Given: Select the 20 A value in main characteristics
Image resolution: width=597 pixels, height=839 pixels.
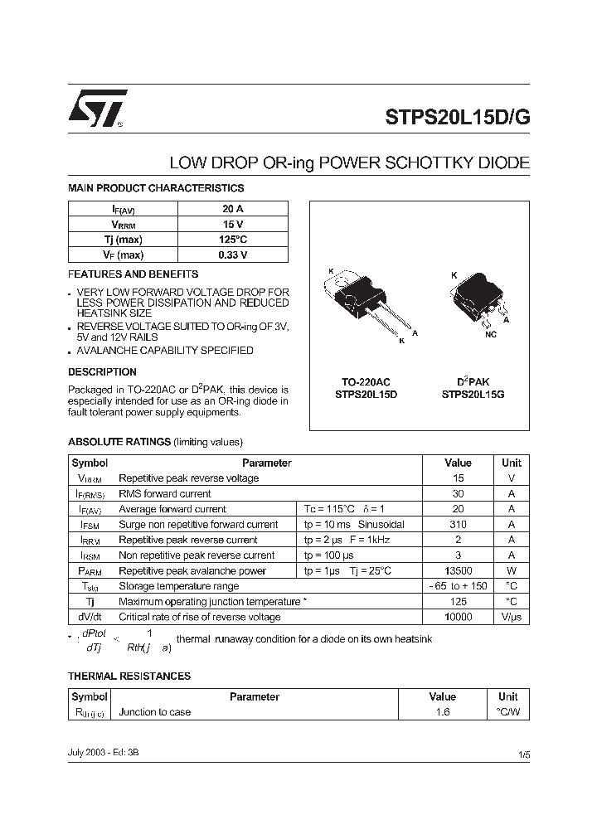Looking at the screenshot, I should coord(233,210).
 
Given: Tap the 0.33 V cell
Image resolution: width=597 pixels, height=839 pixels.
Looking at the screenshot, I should coord(233,255).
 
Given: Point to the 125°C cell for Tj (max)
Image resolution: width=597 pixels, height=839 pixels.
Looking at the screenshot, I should coord(233,240).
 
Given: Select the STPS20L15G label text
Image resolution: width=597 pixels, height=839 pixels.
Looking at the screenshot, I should coord(473,395).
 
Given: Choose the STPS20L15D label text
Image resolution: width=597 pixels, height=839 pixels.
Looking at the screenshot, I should coord(366,395).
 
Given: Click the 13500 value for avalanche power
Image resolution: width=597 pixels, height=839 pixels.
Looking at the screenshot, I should coord(458,571).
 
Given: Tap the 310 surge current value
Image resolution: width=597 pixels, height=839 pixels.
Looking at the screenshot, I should coord(458,525).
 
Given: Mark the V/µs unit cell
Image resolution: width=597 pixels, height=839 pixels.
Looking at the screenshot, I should coord(512,618).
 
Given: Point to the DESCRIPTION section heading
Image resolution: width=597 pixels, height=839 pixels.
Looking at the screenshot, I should coord(102,372).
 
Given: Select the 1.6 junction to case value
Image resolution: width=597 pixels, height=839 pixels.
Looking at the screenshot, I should coord(442,712).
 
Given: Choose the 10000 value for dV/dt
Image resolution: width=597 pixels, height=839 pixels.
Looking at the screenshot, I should coord(458,618).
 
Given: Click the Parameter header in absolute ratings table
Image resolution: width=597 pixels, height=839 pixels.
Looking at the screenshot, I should coord(266,463).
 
